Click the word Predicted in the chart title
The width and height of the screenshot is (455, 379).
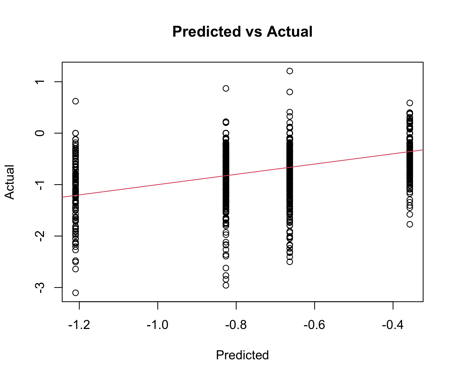click(207, 32)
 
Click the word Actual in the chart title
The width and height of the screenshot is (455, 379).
click(289, 32)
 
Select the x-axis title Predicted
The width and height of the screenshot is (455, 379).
click(242, 355)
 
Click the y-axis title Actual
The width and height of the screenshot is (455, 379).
click(10, 182)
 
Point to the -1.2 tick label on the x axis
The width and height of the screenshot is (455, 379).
click(79, 325)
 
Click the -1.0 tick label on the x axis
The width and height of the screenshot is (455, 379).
click(157, 325)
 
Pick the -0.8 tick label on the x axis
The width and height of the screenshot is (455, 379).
click(236, 325)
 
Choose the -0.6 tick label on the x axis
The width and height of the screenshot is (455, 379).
click(314, 325)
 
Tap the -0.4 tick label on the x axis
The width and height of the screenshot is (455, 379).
click(393, 325)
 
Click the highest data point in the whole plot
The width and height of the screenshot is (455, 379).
click(290, 71)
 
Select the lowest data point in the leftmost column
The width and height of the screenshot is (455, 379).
click(76, 293)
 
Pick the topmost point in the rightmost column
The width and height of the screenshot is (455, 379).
click(410, 103)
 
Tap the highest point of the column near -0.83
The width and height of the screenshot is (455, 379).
click(226, 88)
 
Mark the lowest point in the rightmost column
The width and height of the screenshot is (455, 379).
click(410, 224)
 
